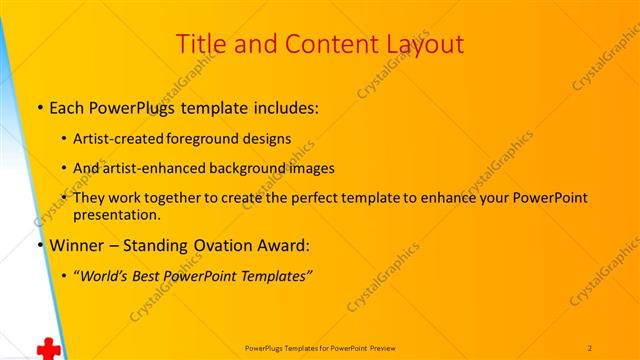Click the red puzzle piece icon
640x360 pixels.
[x=46, y=349]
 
